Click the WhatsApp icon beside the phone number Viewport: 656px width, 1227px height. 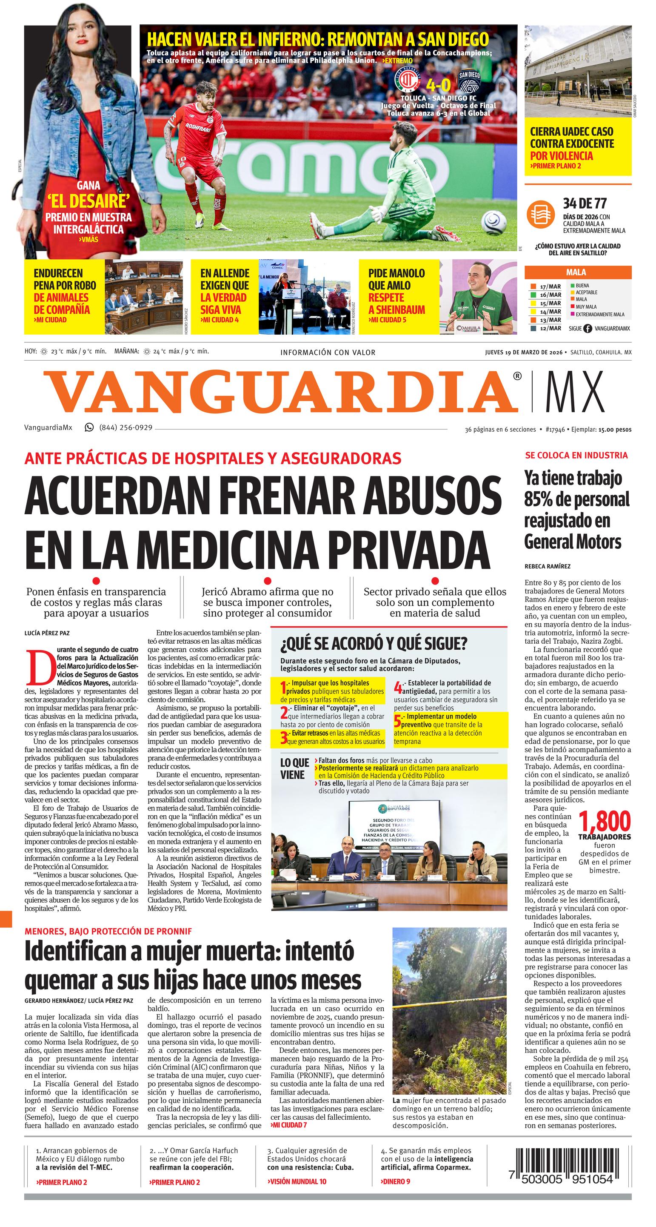click(89, 427)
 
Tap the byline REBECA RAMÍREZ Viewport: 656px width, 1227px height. click(547, 566)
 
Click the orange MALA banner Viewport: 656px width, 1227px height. click(577, 272)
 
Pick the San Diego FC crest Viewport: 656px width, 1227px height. click(470, 84)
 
